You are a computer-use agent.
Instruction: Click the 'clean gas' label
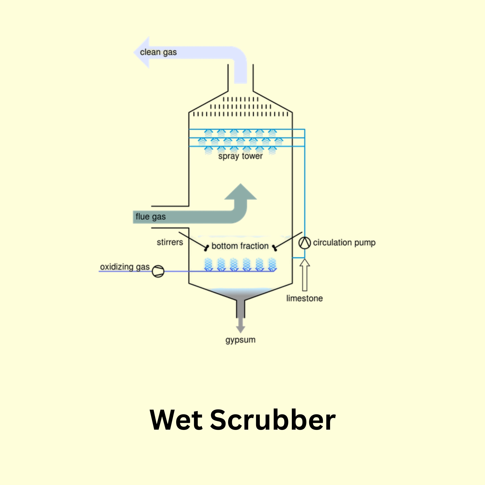[x=158, y=52]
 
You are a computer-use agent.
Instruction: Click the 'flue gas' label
[x=151, y=217]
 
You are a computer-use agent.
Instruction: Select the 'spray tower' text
[x=240, y=156]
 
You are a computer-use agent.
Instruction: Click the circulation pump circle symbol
[x=304, y=243]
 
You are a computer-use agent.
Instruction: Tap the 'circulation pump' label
[x=344, y=243]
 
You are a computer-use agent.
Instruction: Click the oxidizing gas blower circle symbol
[x=158, y=271]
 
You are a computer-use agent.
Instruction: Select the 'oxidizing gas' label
[x=125, y=267]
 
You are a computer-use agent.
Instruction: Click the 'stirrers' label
[x=170, y=242]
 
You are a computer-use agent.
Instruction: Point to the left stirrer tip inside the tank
[x=206, y=248]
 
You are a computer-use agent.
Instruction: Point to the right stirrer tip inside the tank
[x=275, y=248]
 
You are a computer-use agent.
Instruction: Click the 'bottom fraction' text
[x=240, y=246]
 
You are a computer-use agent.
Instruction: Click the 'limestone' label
[x=304, y=299]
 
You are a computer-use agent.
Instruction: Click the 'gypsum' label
[x=240, y=340]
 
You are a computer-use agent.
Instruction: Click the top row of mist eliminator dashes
[x=241, y=99]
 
